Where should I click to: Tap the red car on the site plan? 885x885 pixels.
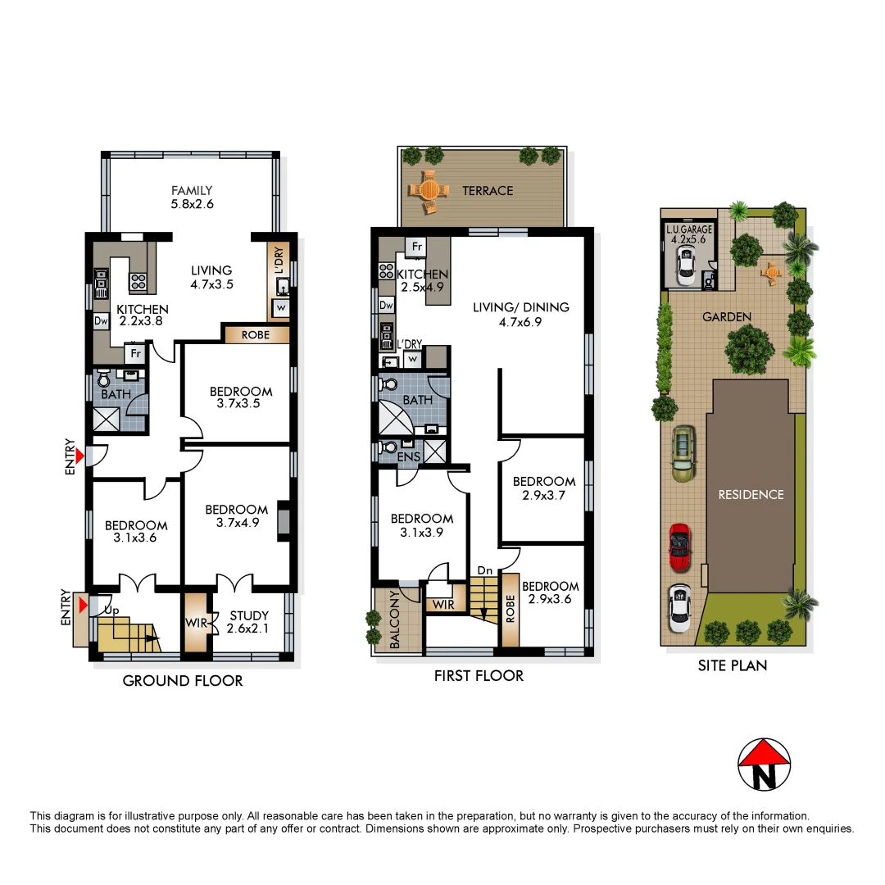[x=680, y=547]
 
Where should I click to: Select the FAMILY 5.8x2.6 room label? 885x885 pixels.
[x=192, y=197]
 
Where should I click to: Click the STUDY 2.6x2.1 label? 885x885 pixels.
[x=249, y=622]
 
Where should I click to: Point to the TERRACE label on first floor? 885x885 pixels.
[x=488, y=190]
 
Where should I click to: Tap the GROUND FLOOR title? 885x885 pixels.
[x=182, y=681]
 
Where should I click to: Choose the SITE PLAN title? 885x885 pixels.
[x=733, y=665]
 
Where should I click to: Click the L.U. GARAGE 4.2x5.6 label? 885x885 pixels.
[x=689, y=235]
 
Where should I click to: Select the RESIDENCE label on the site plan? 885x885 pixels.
[x=751, y=495]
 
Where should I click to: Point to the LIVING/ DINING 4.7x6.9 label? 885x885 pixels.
[x=520, y=315]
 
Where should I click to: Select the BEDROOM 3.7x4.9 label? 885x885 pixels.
[x=237, y=515]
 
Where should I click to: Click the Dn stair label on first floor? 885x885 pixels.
[x=484, y=570]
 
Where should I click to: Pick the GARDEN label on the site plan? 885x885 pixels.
[x=726, y=316]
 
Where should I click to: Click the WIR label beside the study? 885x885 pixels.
[x=196, y=623]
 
